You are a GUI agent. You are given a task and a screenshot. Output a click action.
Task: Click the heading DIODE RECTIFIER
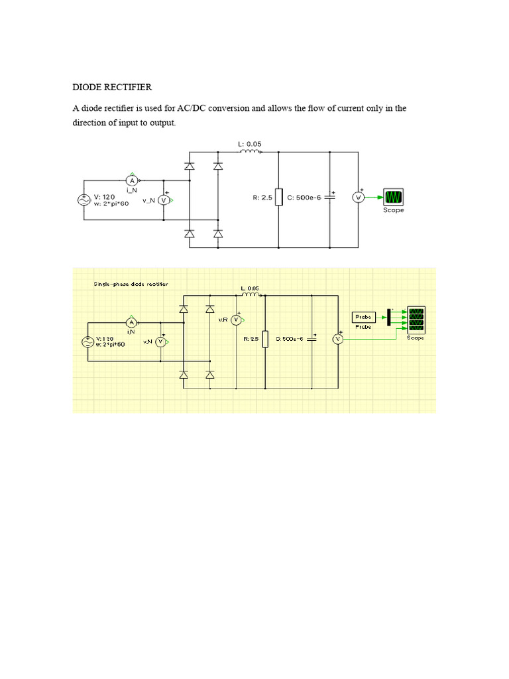coord(111,87)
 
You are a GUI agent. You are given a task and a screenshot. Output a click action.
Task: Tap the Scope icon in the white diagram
coord(394,197)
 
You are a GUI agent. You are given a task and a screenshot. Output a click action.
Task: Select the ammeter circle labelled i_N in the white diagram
coord(131,180)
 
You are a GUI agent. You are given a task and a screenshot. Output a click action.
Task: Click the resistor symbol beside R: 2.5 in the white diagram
coord(279,198)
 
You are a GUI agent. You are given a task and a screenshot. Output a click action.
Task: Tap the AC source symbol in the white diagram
coord(84,200)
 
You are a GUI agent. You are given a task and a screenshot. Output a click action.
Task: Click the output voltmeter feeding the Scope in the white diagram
coord(358,197)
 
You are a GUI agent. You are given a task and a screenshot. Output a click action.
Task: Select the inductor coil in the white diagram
coord(250,151)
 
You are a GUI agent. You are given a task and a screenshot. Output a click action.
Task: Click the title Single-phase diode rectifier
coord(131,284)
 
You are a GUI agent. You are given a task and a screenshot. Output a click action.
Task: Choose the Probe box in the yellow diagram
coord(363,316)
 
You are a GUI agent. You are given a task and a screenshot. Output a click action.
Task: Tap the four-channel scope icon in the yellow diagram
coord(416,321)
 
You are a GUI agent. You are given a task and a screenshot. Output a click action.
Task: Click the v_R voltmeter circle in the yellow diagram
coord(235,320)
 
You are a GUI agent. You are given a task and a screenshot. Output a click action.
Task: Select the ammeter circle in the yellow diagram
coord(131,322)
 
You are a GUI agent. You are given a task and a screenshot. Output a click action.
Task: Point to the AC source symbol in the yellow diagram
coord(87,342)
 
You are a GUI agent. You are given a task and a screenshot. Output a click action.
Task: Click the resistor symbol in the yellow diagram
coord(265,339)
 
